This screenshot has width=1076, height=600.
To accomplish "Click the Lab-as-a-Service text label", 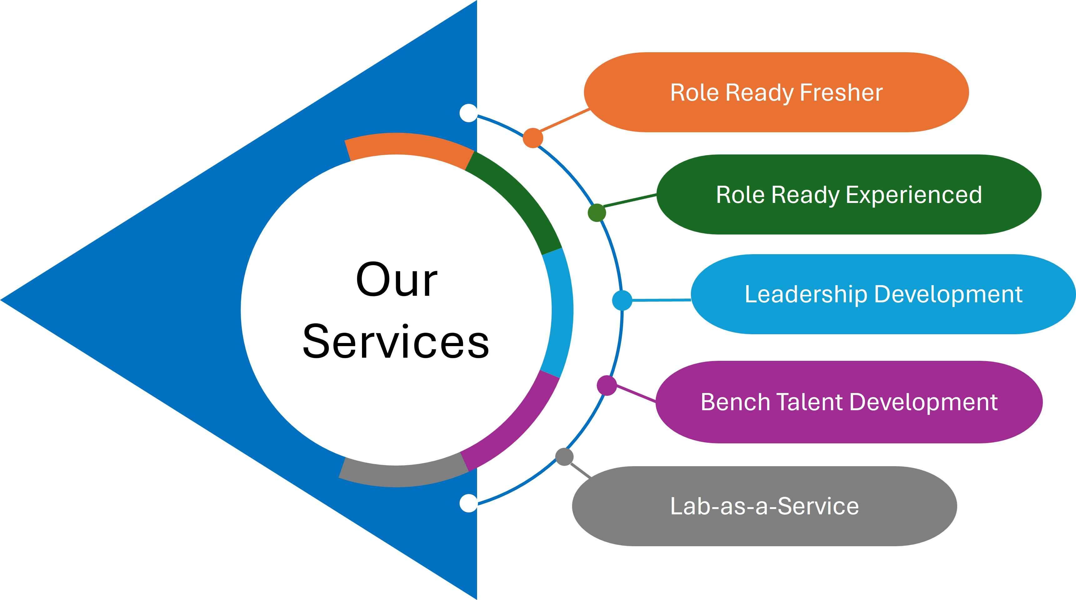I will coord(764,507).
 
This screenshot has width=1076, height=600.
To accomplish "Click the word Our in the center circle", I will coord(396,280).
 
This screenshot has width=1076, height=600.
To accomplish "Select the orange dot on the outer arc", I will coord(533,138).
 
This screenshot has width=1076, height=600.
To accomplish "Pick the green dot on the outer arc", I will coord(596,213).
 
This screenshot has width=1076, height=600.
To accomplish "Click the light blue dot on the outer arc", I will coord(622,300).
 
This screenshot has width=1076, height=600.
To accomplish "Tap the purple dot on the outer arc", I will coord(606,385).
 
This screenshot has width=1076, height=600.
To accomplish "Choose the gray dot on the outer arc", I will coord(564,457).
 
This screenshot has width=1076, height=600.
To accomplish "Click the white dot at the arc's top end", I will coord(468,113).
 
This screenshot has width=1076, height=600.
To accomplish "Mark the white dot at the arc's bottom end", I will coord(468,503).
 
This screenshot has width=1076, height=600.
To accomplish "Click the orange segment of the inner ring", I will coord(407,144).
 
